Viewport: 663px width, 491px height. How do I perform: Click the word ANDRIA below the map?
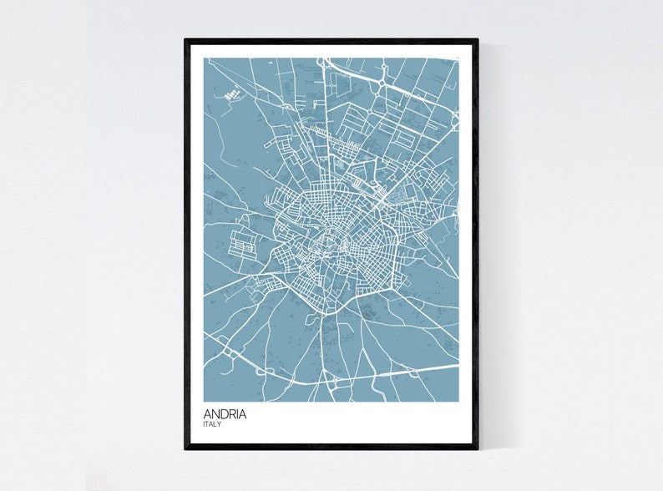pyautogui.click(x=225, y=413)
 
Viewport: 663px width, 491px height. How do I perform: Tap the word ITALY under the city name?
pyautogui.click(x=212, y=424)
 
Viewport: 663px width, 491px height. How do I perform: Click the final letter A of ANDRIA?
pyautogui.click(x=243, y=413)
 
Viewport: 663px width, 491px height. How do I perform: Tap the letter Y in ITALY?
pyautogui.click(x=220, y=424)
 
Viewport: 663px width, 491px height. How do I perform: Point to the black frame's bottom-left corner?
pyautogui.click(x=186, y=448)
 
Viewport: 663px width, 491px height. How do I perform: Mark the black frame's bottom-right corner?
pyautogui.click(x=478, y=448)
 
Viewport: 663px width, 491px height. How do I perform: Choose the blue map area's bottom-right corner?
pyautogui.click(x=459, y=401)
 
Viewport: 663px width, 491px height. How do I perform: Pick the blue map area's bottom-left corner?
pyautogui.click(x=205, y=401)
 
